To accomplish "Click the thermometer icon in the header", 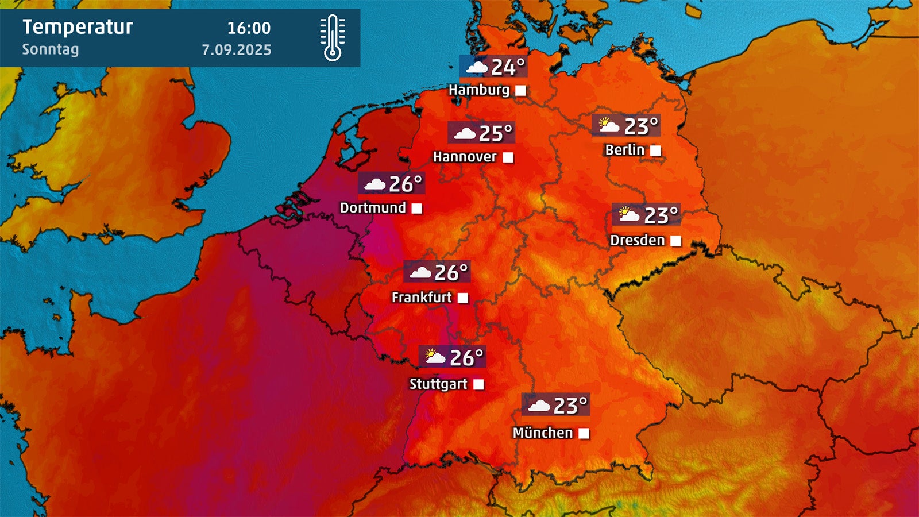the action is (333, 38).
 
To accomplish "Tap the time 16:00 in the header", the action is (249, 28).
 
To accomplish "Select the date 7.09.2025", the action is (236, 50).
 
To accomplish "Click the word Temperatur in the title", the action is (78, 27).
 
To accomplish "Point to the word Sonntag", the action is (51, 49).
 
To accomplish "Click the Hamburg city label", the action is (479, 90).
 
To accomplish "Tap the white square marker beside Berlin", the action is (655, 151).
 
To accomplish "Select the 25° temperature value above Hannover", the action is (495, 134).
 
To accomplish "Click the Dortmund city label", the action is (373, 208).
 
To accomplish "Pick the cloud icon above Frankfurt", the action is (420, 272).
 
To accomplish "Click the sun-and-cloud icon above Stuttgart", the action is (435, 357).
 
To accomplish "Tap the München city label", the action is (543, 433).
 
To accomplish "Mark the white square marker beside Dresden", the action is (675, 241).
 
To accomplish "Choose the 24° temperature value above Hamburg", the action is (508, 67).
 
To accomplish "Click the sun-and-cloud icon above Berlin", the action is (609, 125).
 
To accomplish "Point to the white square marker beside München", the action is (584, 433).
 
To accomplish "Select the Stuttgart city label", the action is (438, 384).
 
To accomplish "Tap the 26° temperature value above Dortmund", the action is (405, 184).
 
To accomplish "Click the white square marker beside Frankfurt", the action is (463, 298).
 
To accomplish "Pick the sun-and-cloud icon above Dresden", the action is (629, 215).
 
